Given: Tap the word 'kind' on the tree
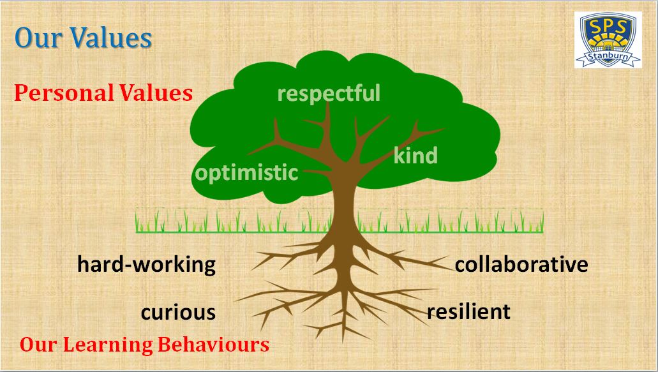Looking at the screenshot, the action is click(x=415, y=155).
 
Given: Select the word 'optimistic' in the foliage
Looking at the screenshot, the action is click(x=247, y=172).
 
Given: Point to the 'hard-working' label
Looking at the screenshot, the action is click(x=146, y=265).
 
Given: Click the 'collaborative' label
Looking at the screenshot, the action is click(x=521, y=264).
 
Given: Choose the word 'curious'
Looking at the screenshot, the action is click(x=178, y=313).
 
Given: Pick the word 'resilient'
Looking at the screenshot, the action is click(x=468, y=311).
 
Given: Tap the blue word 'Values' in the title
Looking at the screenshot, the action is click(x=111, y=38).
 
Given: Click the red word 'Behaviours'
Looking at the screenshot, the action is click(x=214, y=345).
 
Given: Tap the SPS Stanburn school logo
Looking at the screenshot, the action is click(x=608, y=40).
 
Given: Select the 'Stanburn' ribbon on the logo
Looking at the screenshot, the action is click(x=608, y=57).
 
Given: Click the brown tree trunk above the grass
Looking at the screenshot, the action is click(x=344, y=197).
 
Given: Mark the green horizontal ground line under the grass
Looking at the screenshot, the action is click(x=339, y=232).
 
